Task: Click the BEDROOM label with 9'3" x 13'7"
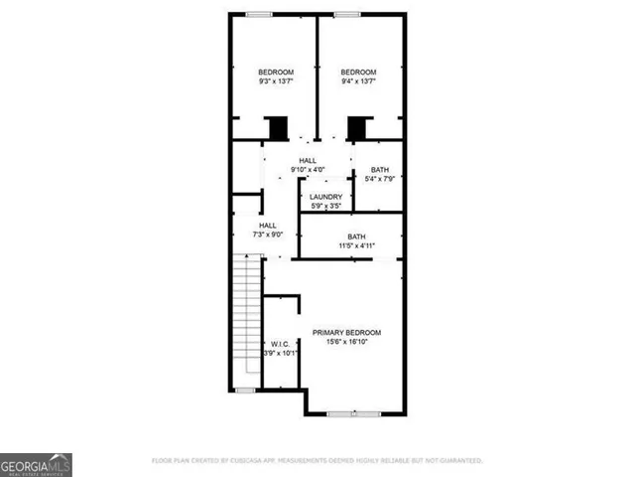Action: (x=276, y=73)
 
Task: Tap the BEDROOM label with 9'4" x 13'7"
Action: (x=358, y=73)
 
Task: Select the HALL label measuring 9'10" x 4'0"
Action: (x=309, y=161)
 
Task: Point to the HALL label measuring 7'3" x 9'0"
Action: (x=268, y=226)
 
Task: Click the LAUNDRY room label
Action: (x=325, y=197)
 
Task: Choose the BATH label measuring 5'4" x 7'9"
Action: (x=379, y=170)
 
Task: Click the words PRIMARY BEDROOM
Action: (x=346, y=332)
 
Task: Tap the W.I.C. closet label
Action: (x=279, y=344)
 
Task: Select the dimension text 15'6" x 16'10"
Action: (x=346, y=342)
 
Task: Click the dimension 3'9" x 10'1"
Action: (x=280, y=353)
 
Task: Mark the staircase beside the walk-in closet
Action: (x=245, y=321)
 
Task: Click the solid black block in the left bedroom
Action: (x=277, y=128)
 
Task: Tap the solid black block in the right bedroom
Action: (x=357, y=128)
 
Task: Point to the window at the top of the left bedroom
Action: (x=260, y=14)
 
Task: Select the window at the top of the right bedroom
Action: (x=346, y=14)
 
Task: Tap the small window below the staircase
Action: (x=244, y=390)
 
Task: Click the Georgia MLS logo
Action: (x=36, y=464)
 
